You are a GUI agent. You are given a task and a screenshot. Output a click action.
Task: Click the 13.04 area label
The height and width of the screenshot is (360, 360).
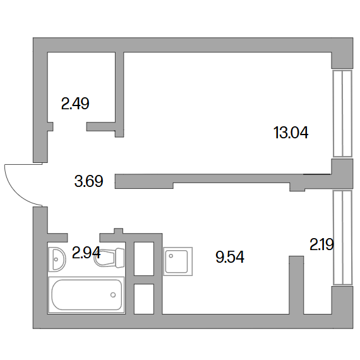coord(291,133)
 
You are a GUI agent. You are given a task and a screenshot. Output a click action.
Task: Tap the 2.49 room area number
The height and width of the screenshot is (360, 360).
coord(75,104)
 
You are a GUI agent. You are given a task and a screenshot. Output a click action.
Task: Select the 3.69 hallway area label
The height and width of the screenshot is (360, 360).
coord(88,181)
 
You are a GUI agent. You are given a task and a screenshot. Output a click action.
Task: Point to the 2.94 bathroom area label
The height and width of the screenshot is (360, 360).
coord(86,253)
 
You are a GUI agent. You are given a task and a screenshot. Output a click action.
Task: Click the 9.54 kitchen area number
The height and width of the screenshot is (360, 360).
coord(230,256)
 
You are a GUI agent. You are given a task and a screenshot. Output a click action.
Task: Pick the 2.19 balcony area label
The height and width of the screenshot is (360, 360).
coord(321,244)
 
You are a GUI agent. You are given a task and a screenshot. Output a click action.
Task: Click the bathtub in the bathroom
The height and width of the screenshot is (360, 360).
coord(87,295)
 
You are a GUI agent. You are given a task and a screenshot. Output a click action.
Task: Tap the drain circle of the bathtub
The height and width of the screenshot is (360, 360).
coord(113,295)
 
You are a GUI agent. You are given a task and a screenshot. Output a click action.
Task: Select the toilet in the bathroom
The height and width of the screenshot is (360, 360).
coord(109,258)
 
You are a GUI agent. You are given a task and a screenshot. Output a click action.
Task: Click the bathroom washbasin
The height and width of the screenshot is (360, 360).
coord(57,260)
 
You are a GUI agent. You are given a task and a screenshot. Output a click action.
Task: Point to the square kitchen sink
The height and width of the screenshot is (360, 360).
coord(178,261)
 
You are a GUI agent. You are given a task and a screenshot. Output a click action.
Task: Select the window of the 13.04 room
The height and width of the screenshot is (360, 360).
coord(342,114)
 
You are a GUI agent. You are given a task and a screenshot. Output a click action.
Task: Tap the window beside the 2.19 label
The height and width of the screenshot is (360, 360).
coord(342,238)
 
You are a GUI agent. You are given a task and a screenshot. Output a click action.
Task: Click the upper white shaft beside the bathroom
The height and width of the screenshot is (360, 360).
coord(144,258)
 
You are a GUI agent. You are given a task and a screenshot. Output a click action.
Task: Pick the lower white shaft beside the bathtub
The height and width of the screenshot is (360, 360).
coord(144,299)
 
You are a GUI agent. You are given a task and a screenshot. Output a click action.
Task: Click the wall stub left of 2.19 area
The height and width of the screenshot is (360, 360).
coord(296,285)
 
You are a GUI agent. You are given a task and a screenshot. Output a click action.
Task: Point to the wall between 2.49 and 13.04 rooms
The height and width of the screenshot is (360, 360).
coord(119,94)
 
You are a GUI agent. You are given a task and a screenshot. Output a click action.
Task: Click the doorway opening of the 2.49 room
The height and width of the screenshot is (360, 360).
coord(70,126)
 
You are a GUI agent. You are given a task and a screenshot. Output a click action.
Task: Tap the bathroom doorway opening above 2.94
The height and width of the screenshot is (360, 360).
coord(83,237)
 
